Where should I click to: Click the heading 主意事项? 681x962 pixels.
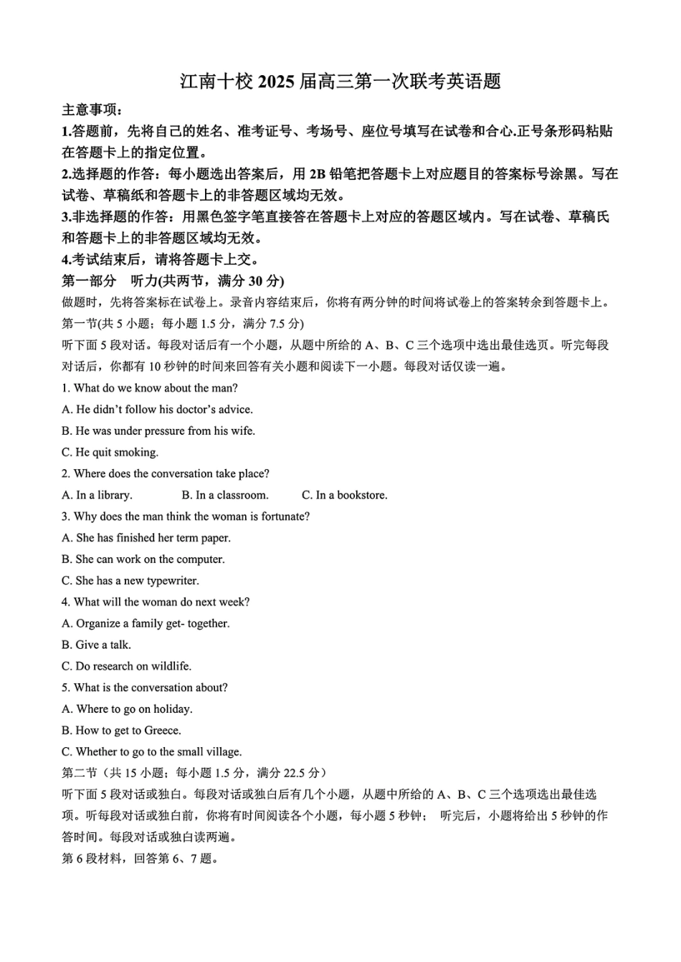92,110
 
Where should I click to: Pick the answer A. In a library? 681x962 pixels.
97,495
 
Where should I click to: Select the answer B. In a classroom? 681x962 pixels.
224,495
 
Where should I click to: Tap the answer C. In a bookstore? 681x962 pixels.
344,495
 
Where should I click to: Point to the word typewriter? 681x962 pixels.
172,581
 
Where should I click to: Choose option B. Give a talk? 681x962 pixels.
96,645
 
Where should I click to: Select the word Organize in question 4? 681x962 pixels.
98,623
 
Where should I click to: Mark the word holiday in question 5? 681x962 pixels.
172,709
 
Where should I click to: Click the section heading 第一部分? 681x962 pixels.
89,281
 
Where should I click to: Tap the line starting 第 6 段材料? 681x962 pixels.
140,859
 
